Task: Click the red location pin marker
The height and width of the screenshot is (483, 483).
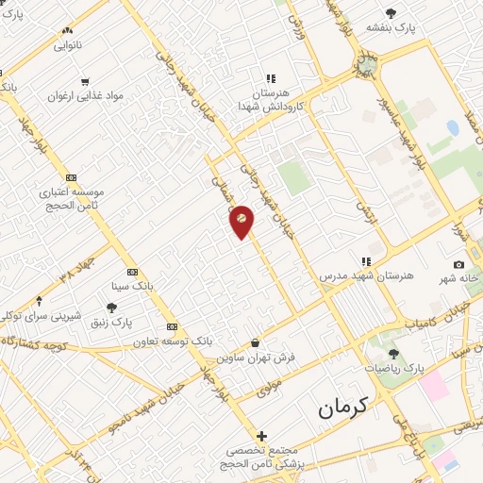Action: click(241, 220)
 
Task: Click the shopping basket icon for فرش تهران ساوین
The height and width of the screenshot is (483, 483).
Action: click(256, 342)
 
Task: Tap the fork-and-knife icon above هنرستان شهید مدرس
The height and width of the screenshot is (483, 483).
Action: click(365, 260)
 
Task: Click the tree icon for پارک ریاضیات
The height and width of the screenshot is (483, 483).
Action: click(393, 354)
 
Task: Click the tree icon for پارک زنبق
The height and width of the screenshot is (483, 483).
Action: click(111, 307)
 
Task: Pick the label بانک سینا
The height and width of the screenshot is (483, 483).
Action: click(132, 285)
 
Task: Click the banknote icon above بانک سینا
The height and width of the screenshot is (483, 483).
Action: click(132, 271)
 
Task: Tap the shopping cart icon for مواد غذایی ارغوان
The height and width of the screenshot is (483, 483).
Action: click(85, 81)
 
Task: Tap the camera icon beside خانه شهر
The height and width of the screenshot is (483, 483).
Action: click(459, 265)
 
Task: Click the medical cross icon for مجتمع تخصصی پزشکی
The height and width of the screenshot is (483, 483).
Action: click(260, 437)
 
